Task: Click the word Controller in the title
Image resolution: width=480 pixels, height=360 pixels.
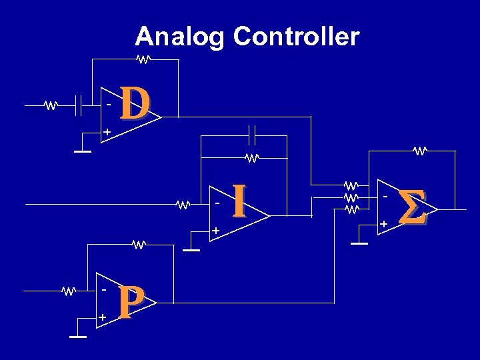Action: point(296,37)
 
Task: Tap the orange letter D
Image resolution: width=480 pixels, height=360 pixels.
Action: point(135,105)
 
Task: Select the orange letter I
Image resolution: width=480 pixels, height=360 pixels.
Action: point(239,202)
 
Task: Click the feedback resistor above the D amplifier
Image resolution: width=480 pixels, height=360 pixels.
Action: point(143,59)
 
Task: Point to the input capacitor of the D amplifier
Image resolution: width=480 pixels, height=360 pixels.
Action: point(78,105)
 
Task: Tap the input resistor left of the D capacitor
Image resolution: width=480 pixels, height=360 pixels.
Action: point(51,105)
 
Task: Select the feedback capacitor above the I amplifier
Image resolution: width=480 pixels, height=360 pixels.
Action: point(251,135)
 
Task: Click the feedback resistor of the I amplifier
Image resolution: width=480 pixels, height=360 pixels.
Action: point(251,158)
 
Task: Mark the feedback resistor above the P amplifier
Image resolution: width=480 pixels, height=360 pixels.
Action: point(138,245)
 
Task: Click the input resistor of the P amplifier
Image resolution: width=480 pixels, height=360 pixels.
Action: point(69,291)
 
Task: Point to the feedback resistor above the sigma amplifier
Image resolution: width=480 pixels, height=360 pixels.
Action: point(419,151)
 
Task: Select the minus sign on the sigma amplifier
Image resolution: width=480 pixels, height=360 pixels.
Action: point(385,197)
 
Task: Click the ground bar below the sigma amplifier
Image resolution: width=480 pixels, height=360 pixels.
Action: point(359,244)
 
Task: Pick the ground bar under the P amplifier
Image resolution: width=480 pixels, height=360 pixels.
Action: point(78,337)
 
